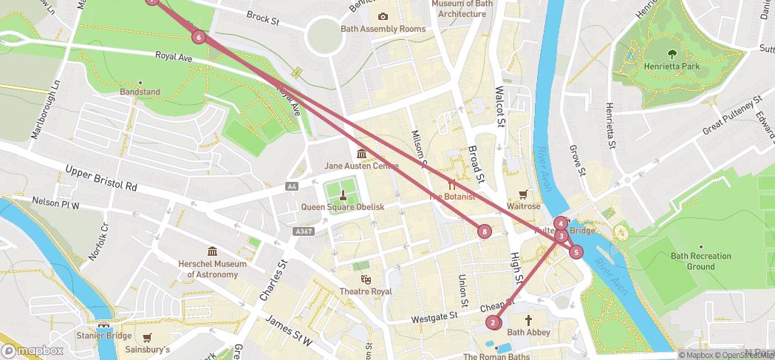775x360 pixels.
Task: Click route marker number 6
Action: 198,37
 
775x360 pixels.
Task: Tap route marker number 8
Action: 485,231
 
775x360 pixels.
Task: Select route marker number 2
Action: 493,322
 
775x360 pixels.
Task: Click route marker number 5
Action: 576,251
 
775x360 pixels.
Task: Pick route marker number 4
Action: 561,223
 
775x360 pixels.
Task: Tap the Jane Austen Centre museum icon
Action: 361,154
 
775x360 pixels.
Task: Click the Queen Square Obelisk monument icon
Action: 343,195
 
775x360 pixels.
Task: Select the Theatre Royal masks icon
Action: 365,279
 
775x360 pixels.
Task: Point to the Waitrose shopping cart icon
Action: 524,194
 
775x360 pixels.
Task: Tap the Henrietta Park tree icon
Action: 672,53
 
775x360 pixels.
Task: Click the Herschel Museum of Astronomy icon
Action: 213,251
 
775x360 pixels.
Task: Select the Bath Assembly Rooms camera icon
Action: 383,16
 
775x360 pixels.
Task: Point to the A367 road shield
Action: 303,231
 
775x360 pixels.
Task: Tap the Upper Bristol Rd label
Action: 101,177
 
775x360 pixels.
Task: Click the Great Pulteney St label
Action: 731,116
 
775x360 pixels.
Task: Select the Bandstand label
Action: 140,92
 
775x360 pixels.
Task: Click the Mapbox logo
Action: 33,350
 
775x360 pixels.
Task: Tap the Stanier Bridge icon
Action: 103,325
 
